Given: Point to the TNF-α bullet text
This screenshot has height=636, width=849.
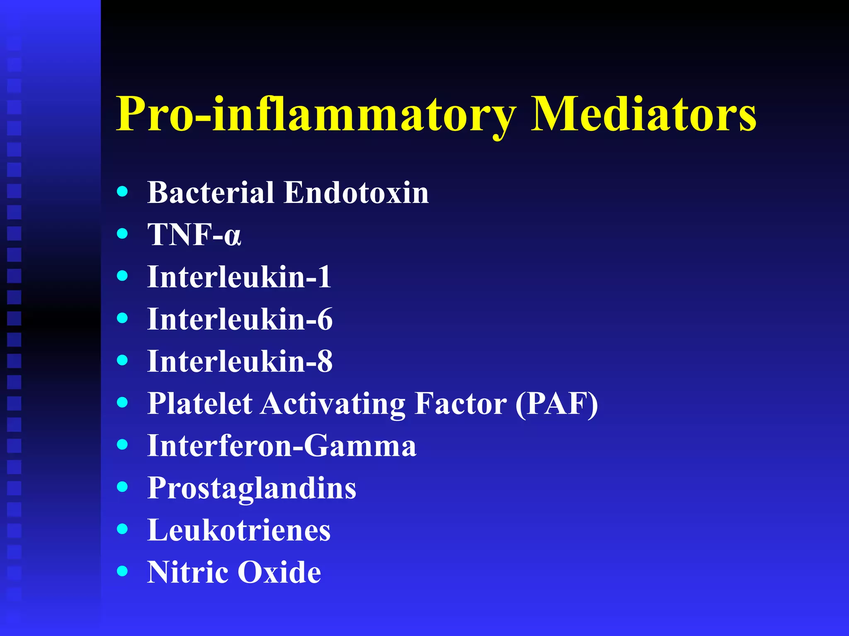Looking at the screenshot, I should coord(194,235).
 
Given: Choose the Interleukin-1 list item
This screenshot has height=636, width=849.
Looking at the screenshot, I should coord(239,277).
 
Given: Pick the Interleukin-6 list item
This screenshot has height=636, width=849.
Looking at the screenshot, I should coord(240,319).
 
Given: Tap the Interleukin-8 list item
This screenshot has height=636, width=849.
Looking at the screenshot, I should coord(240,361).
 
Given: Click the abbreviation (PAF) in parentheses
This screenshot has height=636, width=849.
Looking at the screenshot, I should coord(557,404).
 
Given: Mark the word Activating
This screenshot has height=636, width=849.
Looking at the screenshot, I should coord(333,404).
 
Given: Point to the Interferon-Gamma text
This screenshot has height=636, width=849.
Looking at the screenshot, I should coord(282,446).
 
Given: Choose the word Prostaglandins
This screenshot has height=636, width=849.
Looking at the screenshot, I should coord(252,489).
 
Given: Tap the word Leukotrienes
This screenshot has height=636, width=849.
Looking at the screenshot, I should coord(239,530).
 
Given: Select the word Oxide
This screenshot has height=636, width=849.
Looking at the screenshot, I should coord(279,572).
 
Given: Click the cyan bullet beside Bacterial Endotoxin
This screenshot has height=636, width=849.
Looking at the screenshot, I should coord(122,191).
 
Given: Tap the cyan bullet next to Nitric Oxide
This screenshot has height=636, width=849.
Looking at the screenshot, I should coord(122,571).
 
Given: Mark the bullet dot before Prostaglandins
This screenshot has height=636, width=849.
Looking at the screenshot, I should coord(122,487).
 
